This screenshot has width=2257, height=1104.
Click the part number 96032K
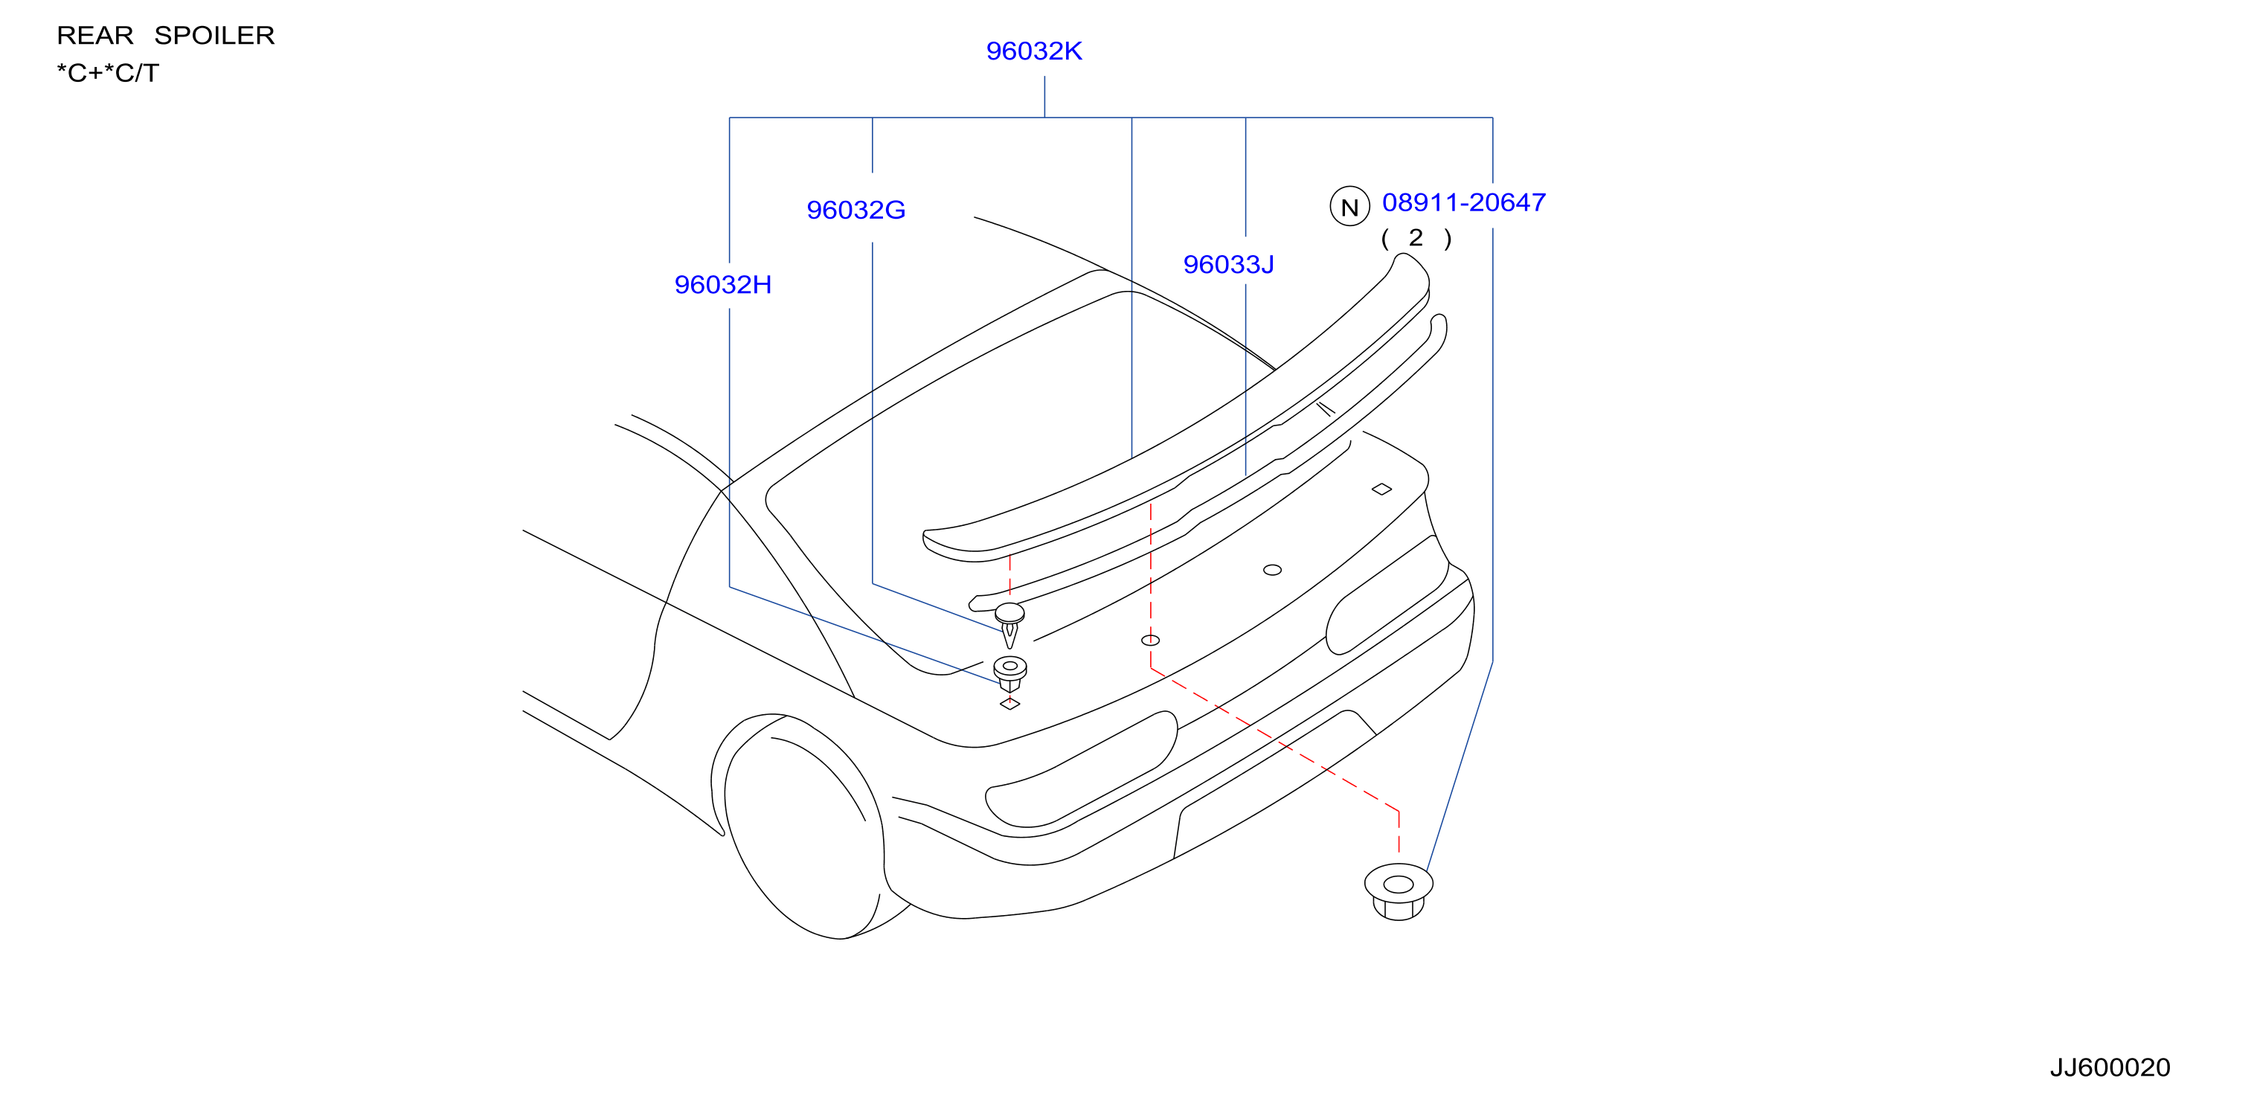point(1034,51)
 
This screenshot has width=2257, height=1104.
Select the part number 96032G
point(856,211)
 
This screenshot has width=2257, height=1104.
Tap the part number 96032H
point(723,285)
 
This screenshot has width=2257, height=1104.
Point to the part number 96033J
point(1228,265)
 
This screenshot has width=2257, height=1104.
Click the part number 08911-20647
point(1463,202)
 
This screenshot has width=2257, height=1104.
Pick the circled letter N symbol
point(1349,207)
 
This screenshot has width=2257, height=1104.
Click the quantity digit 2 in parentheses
point(1416,237)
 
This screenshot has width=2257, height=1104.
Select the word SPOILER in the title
point(215,35)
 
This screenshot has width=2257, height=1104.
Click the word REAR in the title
point(95,35)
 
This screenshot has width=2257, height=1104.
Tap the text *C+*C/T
point(108,73)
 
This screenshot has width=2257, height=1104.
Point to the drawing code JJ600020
point(2109,1068)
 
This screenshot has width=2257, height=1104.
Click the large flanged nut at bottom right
point(1399,891)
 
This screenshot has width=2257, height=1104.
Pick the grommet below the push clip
point(1010,673)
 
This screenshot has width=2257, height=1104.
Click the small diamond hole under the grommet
point(1009,703)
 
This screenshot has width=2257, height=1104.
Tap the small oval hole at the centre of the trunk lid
point(1272,571)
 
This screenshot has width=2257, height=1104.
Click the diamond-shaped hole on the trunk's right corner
point(1381,489)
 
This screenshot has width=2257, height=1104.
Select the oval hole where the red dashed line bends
point(1150,641)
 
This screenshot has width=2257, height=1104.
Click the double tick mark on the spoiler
point(1326,408)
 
